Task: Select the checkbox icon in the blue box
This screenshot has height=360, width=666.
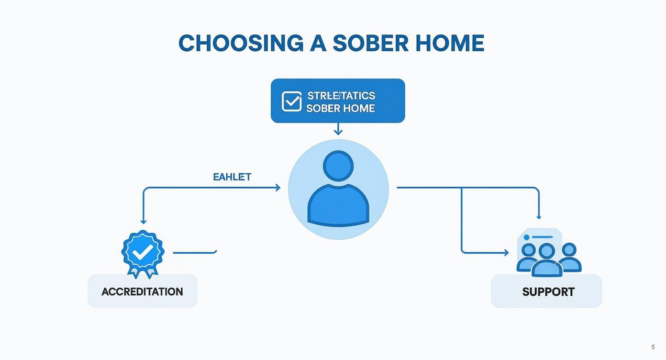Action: click(x=291, y=101)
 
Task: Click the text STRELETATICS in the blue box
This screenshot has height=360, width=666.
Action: click(x=341, y=95)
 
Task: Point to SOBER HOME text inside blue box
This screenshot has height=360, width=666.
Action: click(x=340, y=108)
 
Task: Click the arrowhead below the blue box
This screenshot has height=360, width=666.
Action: click(x=338, y=132)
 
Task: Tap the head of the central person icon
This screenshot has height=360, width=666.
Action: click(x=338, y=166)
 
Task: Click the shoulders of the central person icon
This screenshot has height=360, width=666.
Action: click(x=338, y=204)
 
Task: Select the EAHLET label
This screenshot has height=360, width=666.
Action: click(x=232, y=177)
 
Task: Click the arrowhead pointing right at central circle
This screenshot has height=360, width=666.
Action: click(x=277, y=188)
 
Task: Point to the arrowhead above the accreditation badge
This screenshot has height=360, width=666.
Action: click(x=143, y=221)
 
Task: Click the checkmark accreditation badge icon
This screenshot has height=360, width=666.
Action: click(x=143, y=252)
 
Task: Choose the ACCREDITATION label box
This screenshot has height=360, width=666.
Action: click(x=142, y=291)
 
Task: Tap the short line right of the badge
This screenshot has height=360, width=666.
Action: click(x=195, y=252)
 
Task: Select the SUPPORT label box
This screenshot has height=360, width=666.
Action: click(x=546, y=291)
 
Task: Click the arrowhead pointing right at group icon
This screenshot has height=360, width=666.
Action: click(x=506, y=253)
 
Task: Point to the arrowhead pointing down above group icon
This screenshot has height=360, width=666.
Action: click(x=539, y=217)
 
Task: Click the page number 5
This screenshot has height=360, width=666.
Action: click(x=653, y=347)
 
